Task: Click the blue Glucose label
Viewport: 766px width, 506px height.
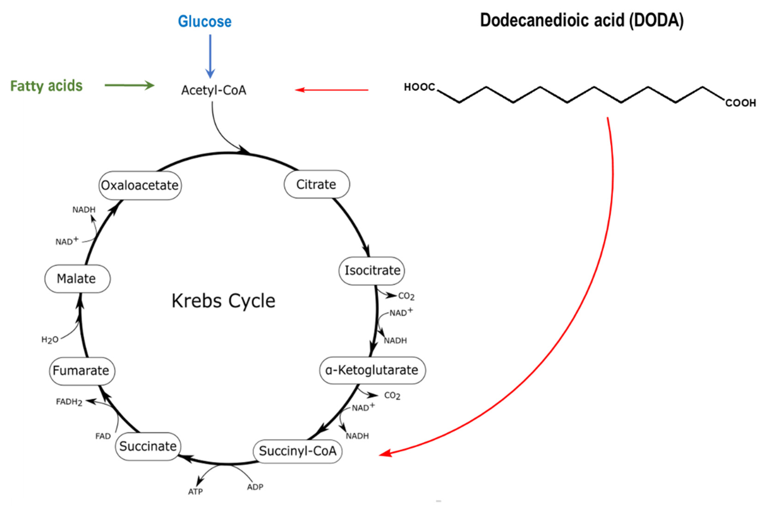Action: click(205, 22)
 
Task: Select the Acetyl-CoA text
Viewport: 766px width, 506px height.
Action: click(214, 90)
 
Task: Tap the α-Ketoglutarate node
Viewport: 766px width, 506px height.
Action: click(372, 370)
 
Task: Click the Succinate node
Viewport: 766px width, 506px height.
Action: click(148, 446)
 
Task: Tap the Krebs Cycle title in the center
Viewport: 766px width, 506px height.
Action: click(223, 301)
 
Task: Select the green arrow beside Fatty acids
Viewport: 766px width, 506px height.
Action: click(129, 85)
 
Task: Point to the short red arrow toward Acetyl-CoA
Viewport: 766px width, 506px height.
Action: click(332, 90)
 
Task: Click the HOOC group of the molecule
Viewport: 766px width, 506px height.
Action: click(419, 87)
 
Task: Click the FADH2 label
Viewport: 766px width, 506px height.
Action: click(69, 402)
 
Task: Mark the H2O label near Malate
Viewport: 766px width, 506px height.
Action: click(50, 340)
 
